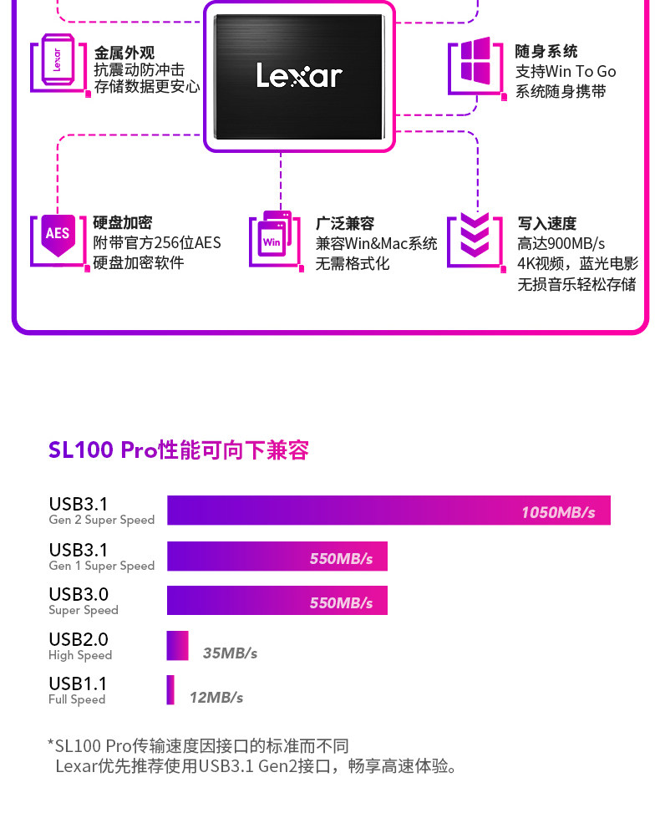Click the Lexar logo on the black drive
point(299,76)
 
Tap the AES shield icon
point(58,233)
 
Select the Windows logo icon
point(475,60)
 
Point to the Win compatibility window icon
point(274,237)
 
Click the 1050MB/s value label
point(558,512)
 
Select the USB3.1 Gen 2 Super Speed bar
point(388,511)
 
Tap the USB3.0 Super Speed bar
point(277,601)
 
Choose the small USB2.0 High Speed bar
point(177,646)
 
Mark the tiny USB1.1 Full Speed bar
point(170,690)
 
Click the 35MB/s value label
point(230,653)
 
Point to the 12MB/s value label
point(216,697)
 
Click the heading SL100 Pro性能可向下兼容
point(179,450)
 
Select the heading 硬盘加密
point(123,223)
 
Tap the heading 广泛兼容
point(344,223)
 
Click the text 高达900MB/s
point(561,243)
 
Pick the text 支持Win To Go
point(566,72)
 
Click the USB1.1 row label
point(78,684)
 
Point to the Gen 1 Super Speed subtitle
point(101,566)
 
